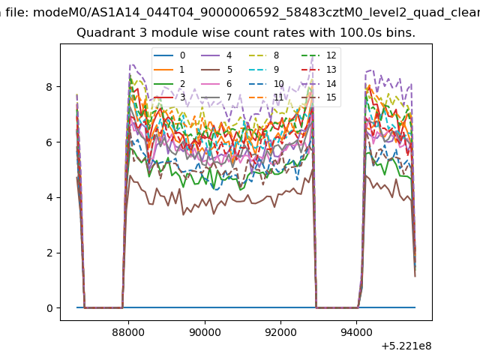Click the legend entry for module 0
click(169, 55)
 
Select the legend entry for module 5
click(217, 70)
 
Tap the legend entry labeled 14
click(319, 84)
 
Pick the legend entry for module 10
click(266, 84)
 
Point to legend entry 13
click(319, 70)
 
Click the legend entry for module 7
click(217, 97)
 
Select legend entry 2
click(169, 84)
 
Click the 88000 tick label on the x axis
click(128, 332)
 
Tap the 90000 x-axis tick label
click(205, 332)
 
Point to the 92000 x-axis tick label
click(280, 332)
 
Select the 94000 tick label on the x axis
click(357, 332)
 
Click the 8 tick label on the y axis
click(49, 87)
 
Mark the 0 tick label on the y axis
click(49, 308)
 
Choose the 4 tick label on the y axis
click(49, 197)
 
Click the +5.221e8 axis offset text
click(406, 346)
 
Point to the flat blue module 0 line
click(246, 307)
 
